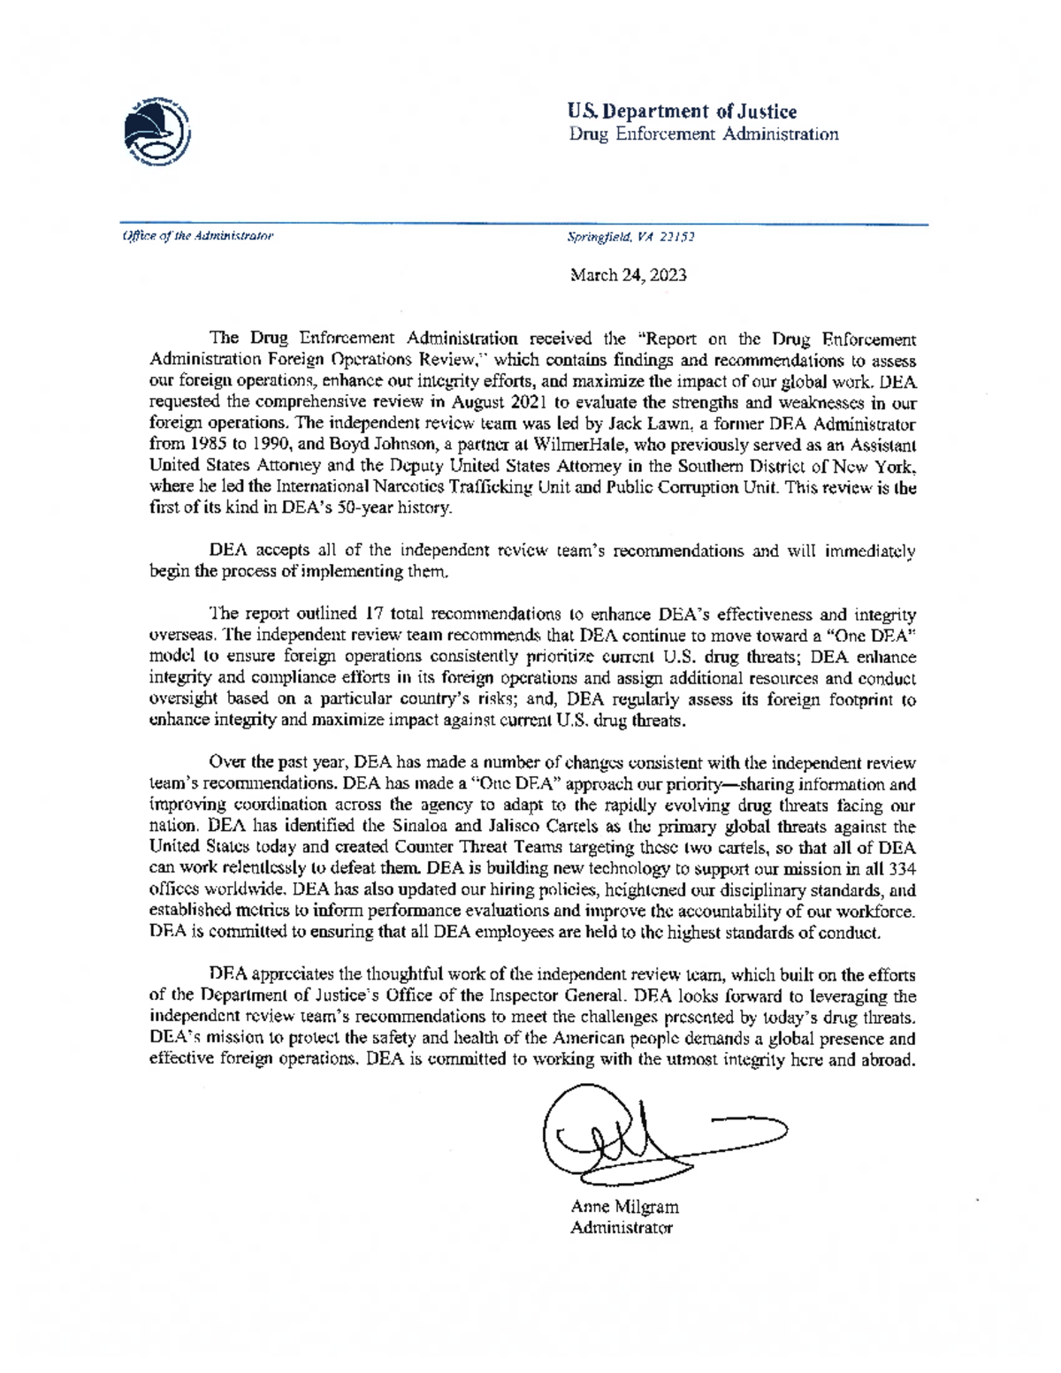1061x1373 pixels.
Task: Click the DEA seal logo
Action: pyautogui.click(x=157, y=131)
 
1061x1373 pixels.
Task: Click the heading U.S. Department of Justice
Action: pyautogui.click(x=682, y=111)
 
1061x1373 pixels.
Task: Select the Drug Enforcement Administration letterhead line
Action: pyautogui.click(x=703, y=134)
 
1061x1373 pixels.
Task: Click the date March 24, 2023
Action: pyautogui.click(x=628, y=275)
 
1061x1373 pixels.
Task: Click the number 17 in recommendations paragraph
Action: pyautogui.click(x=375, y=614)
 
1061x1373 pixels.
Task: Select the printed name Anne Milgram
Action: pyautogui.click(x=624, y=1207)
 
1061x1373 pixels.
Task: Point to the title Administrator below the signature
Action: pyautogui.click(x=622, y=1228)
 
